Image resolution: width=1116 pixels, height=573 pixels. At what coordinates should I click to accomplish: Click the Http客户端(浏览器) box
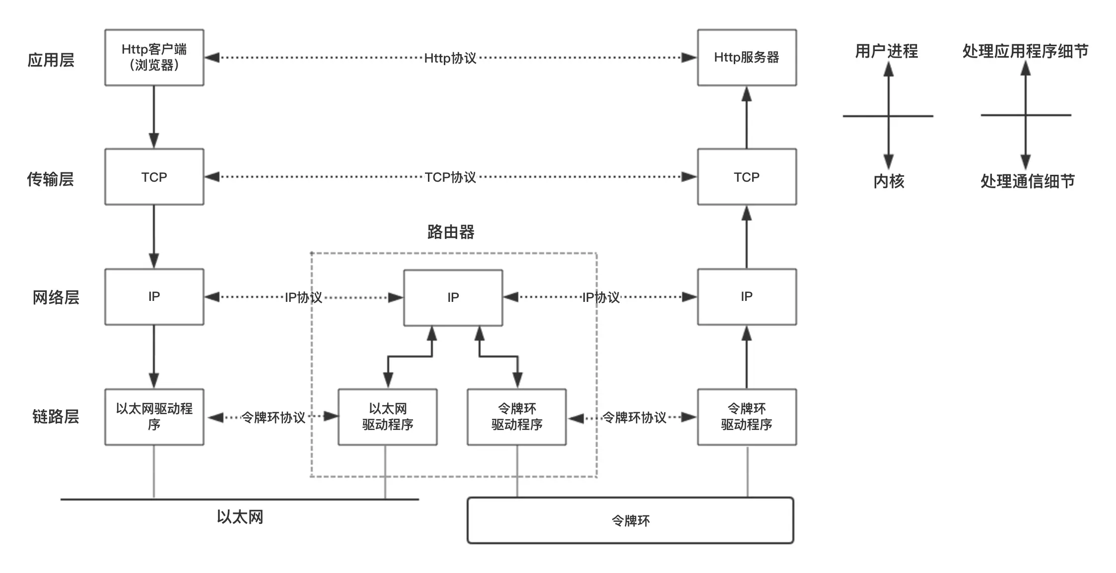[x=154, y=57]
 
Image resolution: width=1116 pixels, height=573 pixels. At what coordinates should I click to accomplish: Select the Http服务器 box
[x=746, y=57]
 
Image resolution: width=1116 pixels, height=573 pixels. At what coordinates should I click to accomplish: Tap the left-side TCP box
[x=154, y=177]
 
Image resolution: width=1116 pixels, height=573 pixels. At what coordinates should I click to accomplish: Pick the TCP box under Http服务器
[x=746, y=177]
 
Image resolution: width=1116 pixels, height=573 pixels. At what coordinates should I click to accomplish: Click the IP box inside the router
[x=453, y=297]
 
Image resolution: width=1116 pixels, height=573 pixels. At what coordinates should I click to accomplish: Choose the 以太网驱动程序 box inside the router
[x=387, y=417]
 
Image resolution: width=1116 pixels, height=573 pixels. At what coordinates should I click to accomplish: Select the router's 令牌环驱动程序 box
[x=516, y=417]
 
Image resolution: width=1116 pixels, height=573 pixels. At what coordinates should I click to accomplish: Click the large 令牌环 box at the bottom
[x=630, y=520]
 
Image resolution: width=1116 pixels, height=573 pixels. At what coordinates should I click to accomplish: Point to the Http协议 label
[x=450, y=58]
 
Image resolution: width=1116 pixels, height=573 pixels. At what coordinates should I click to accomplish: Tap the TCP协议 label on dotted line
[x=450, y=177]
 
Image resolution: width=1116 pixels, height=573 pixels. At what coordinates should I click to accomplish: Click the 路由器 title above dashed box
[x=450, y=232]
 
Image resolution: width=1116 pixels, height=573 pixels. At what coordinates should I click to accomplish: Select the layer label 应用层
[x=51, y=60]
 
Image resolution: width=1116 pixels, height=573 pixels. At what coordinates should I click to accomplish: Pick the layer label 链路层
[x=55, y=416]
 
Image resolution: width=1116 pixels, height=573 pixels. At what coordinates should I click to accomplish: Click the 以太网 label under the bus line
[x=240, y=517]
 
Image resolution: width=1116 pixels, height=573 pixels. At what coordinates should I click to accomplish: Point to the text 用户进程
[x=886, y=51]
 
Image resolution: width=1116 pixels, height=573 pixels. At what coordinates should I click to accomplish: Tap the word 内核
[x=889, y=181]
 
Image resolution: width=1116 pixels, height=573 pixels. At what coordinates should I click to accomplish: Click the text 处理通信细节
[x=1027, y=181]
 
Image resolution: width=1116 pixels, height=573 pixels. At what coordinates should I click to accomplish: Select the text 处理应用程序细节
[x=1025, y=51]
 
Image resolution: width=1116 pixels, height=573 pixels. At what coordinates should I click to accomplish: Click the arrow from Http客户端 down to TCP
[x=154, y=117]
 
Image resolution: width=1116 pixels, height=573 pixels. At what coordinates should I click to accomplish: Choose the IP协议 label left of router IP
[x=303, y=297]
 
